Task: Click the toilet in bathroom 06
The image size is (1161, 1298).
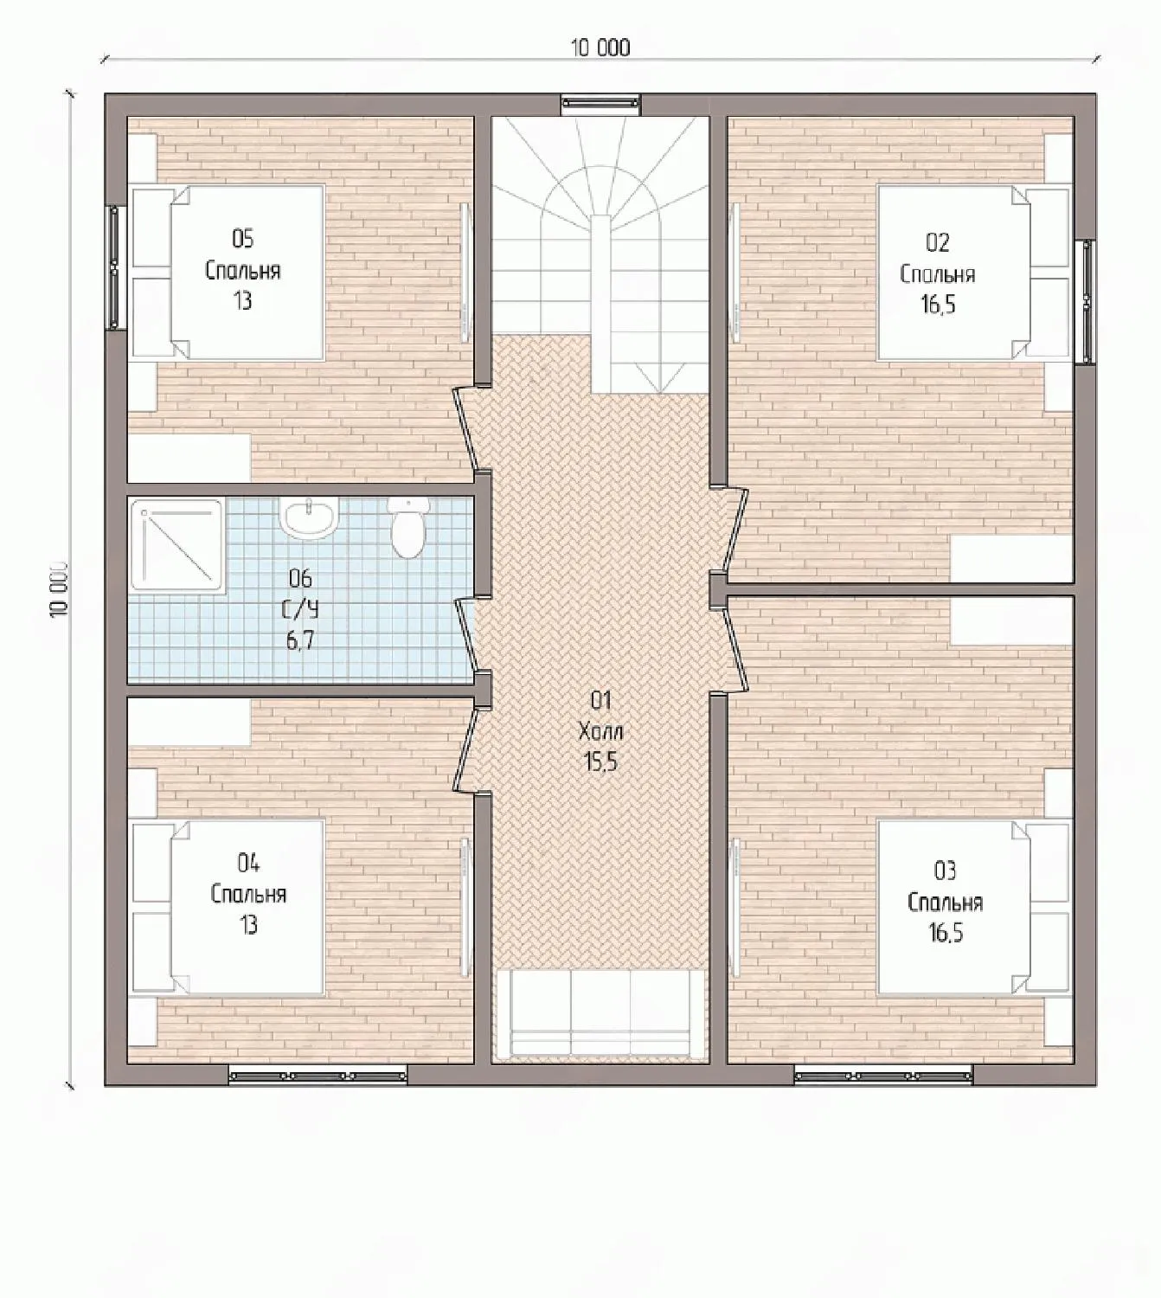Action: tap(407, 526)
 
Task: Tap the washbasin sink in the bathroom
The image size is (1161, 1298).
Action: tap(308, 517)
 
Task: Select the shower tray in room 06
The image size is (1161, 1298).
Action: tap(177, 544)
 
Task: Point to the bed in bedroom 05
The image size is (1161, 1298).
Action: tap(228, 273)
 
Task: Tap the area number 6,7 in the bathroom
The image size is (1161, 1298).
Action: tap(300, 640)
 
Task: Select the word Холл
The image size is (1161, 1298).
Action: tap(600, 731)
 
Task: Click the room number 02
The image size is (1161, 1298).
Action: tap(938, 242)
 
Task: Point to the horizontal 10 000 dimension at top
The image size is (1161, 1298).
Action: tap(600, 59)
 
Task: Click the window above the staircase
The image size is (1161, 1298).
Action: tap(600, 104)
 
